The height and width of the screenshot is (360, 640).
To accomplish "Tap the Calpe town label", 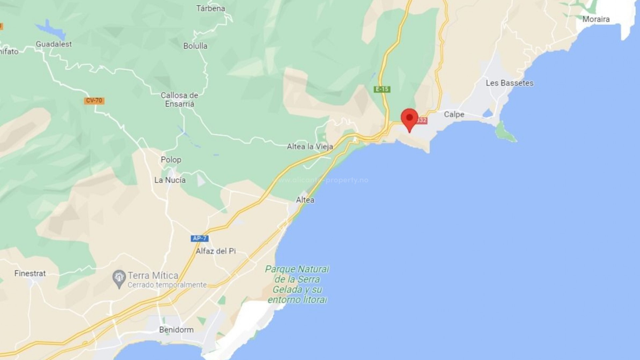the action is click(454, 114).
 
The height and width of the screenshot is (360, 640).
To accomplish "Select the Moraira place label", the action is click(596, 19).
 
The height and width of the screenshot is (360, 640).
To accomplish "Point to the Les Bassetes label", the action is click(509, 83).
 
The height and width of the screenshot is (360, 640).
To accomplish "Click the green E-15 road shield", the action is click(382, 89).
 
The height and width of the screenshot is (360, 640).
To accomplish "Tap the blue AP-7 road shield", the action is click(200, 238).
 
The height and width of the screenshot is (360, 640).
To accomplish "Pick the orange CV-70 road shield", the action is click(94, 100).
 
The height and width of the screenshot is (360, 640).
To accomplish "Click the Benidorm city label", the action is click(176, 330).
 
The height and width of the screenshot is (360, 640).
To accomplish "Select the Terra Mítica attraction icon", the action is click(119, 279).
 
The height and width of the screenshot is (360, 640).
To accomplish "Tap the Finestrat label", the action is click(30, 273).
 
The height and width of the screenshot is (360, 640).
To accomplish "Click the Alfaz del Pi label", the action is click(216, 251).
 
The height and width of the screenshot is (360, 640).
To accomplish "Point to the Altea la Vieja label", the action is click(310, 146).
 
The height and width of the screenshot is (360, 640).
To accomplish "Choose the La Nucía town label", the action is click(170, 180).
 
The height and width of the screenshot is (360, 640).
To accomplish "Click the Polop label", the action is click(171, 160).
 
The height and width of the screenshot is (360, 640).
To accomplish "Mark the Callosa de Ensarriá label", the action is click(179, 100).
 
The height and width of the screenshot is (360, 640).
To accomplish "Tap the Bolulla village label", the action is click(195, 46).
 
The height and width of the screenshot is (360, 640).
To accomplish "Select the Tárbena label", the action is click(210, 8).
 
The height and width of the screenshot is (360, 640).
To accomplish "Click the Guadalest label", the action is click(54, 44).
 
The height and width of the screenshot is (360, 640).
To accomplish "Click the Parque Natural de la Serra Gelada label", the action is click(297, 284).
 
